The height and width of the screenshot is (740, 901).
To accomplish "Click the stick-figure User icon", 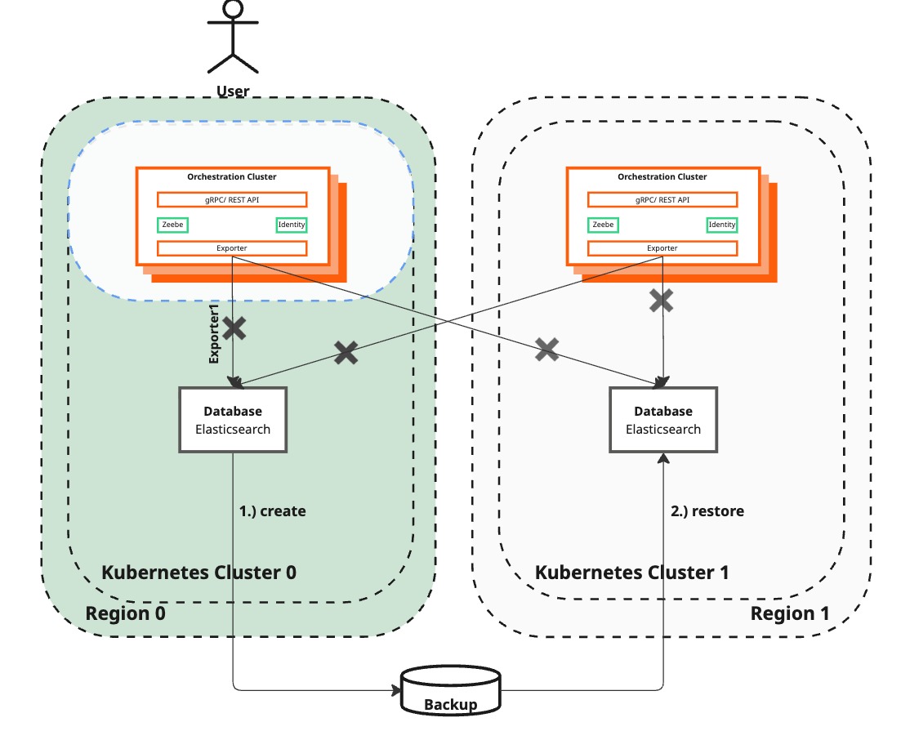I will coord(233,37).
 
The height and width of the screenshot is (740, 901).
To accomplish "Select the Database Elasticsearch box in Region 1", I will coord(663,420).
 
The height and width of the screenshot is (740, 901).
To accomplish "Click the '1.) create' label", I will coord(272,511).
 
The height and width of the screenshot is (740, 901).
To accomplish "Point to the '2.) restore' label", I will coord(707,511).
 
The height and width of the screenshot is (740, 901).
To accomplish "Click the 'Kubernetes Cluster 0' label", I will coord(198,572).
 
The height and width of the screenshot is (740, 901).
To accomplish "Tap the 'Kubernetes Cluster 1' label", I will coord(631,572).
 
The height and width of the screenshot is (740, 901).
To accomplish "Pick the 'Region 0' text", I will coord(126,613).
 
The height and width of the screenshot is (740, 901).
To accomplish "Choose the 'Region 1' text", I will coord(790,613).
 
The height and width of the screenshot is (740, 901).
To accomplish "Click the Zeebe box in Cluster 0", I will coord(172,225).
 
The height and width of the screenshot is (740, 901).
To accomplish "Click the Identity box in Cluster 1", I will coord(722,225).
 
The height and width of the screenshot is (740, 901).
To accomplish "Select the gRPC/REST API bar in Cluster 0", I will coord(232,199).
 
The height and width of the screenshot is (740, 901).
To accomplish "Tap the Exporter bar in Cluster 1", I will coord(662,248).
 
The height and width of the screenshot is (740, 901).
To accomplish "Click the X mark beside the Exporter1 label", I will coord(234,329).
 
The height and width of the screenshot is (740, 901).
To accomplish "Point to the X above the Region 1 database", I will coord(662,301).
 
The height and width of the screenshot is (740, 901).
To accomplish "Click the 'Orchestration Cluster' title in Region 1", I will coord(662,176).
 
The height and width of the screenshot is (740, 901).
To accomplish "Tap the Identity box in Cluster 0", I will coord(292,225).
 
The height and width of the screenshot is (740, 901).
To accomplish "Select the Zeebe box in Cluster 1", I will coord(603,225).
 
